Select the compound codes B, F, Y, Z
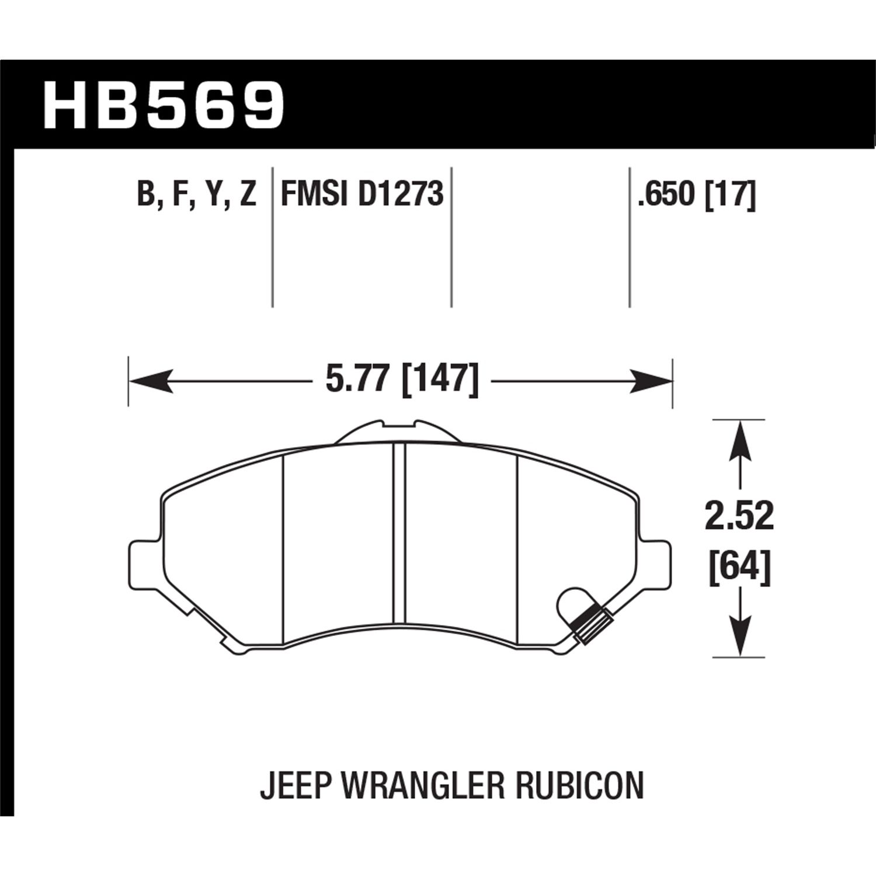point(197,194)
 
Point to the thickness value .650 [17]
point(697,194)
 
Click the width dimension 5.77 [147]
point(402,381)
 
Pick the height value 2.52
point(739,516)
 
